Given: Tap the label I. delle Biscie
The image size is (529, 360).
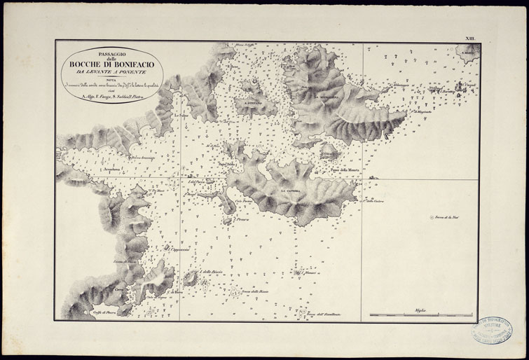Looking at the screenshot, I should pos(210,271).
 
